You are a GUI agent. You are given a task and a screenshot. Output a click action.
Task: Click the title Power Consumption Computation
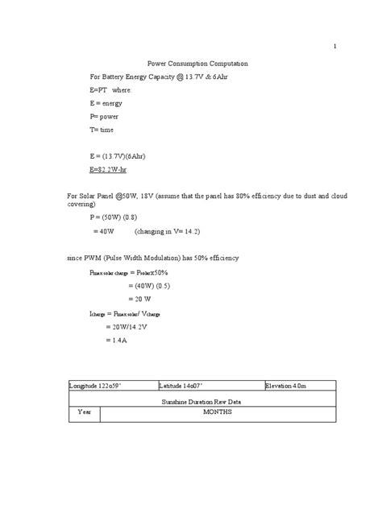click(x=197, y=62)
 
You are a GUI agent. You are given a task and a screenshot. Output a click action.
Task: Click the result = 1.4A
click(x=117, y=341)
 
